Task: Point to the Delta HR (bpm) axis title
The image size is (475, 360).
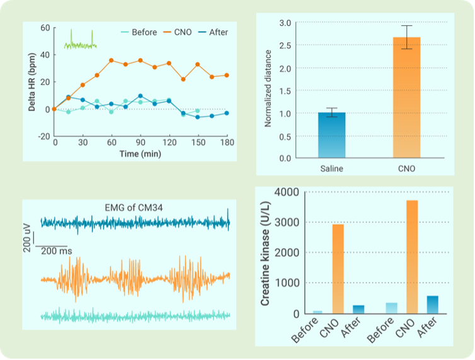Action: click(x=31, y=82)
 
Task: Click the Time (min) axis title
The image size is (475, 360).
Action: click(x=140, y=154)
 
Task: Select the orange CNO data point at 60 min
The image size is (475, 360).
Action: click(x=112, y=60)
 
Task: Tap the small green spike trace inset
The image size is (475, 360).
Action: click(x=80, y=40)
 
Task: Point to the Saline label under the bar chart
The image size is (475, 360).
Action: click(x=331, y=169)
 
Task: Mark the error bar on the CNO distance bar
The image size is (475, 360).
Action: click(x=406, y=37)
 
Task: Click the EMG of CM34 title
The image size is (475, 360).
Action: click(x=135, y=208)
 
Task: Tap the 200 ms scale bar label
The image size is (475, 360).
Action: click(x=57, y=251)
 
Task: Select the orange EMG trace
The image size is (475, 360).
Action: click(x=135, y=278)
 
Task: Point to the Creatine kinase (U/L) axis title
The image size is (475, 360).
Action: click(x=266, y=254)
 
